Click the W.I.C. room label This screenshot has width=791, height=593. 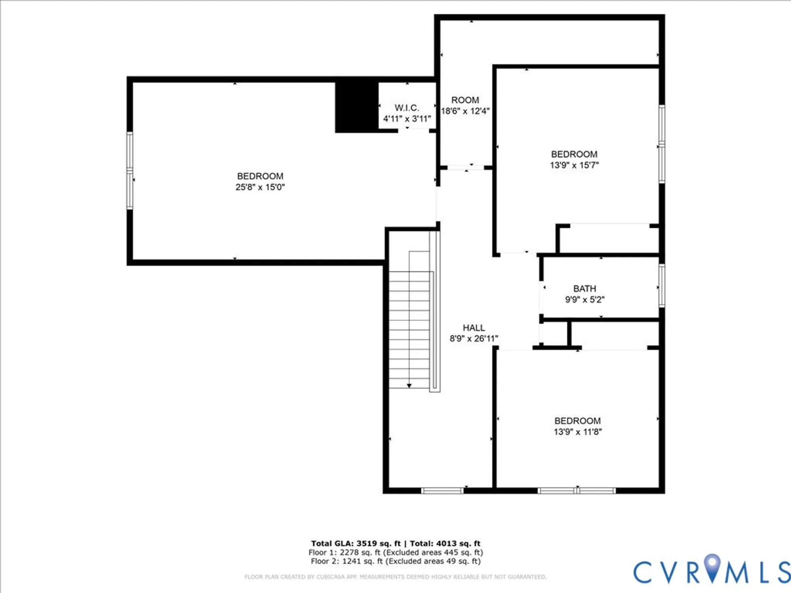tap(407, 108)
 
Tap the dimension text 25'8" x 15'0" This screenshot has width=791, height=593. tap(260, 187)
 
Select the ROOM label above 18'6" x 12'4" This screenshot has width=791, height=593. tap(465, 100)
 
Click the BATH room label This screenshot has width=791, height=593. tap(585, 289)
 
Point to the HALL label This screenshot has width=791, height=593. tap(473, 328)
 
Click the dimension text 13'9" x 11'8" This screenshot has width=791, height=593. tap(577, 432)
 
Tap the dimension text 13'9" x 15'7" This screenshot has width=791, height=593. tap(574, 165)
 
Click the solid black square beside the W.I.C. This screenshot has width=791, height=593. tap(356, 107)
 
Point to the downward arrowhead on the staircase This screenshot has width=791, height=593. tap(409, 385)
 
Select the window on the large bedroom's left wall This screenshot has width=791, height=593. tap(129, 170)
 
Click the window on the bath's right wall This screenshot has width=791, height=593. tap(662, 285)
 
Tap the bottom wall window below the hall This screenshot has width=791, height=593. tap(442, 491)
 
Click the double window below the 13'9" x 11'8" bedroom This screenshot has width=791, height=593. tap(577, 491)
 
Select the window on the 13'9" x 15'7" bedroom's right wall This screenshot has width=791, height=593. tap(662, 144)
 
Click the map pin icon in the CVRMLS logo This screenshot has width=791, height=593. tap(712, 567)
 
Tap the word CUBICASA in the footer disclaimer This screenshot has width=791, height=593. tap(331, 577)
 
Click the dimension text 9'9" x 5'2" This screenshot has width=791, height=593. tap(585, 300)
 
